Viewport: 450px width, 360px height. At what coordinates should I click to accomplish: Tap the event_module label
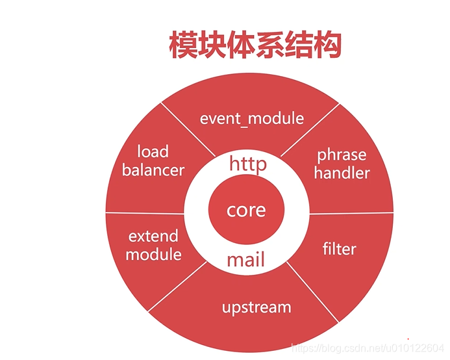[251, 118]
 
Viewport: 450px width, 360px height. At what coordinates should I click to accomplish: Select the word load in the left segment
[153, 152]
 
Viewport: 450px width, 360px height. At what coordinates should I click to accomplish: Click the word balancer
[153, 170]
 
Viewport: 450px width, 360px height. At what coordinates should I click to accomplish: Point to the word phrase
[341, 155]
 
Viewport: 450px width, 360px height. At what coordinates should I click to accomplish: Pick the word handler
[343, 173]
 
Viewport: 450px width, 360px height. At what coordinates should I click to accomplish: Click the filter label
[339, 248]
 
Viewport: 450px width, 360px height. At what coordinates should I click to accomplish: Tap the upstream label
[256, 307]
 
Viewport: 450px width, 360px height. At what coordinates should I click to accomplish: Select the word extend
[153, 236]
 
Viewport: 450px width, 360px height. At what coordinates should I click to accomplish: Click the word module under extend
[153, 253]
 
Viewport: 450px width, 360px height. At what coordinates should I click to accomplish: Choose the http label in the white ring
[247, 164]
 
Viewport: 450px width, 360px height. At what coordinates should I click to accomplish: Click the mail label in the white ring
[246, 261]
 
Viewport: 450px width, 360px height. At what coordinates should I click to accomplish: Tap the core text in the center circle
[246, 211]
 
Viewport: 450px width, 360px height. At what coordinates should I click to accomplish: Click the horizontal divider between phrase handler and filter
[351, 212]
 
